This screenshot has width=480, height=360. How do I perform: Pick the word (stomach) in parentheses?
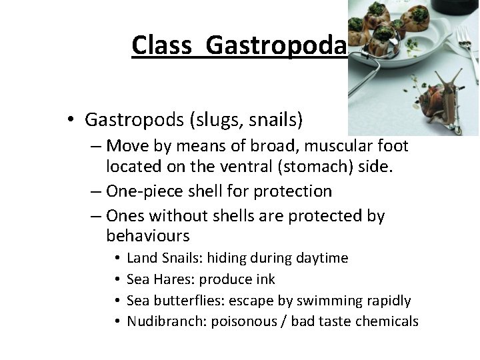pyautogui.click(x=305, y=165)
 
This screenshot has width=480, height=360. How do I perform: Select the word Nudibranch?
pyautogui.click(x=166, y=321)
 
